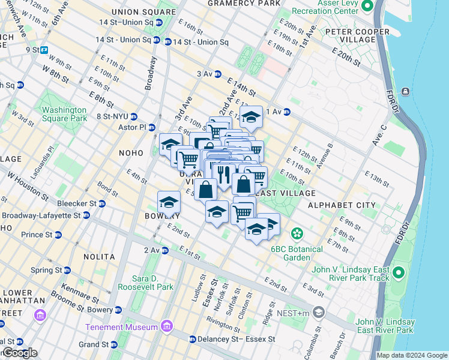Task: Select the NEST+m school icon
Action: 319,312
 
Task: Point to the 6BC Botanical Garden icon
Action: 296,233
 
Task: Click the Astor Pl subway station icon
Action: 152,127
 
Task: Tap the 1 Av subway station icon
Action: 287,112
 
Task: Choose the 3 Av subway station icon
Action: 218,74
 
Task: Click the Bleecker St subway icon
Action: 102,204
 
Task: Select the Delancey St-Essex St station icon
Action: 192,340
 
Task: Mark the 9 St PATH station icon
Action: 44,50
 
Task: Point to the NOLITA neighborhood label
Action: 99,257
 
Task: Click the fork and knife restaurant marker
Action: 224,175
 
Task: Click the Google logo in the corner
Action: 19,353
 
